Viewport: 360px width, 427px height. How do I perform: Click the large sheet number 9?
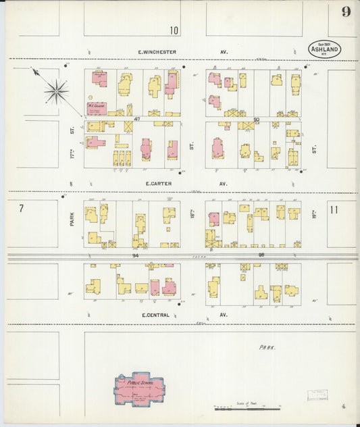[x=346, y=11]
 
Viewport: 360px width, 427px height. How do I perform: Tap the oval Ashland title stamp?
[x=325, y=49]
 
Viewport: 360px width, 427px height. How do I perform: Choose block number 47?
[x=136, y=119]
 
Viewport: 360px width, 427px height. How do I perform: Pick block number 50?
[x=257, y=119]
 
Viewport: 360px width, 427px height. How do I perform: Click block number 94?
[x=135, y=255]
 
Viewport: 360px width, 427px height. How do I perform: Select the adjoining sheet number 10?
[x=174, y=30]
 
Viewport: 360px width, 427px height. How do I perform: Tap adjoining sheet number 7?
[x=21, y=209]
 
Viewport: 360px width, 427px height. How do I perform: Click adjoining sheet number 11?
[x=334, y=209]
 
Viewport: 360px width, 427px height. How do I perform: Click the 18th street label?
[x=192, y=142]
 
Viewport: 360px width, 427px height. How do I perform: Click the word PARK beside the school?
[x=268, y=347]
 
